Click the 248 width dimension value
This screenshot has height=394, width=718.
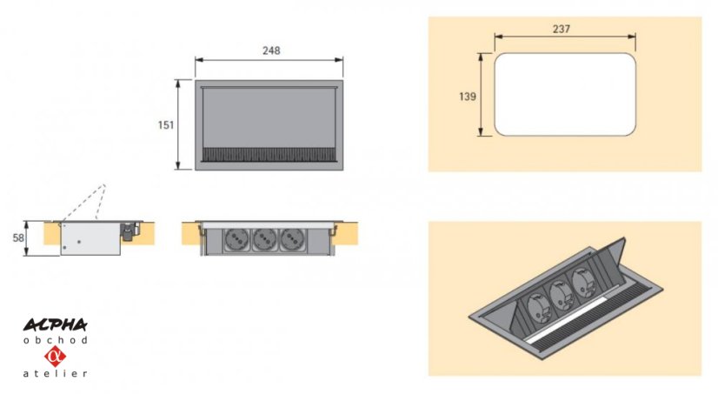[x=271, y=50]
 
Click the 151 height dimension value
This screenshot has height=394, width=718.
[x=166, y=124]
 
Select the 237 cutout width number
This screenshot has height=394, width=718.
[x=562, y=29]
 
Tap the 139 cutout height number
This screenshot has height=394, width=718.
[x=468, y=97]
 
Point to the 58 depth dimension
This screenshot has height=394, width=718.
[x=18, y=237]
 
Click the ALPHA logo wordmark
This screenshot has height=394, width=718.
[x=56, y=324]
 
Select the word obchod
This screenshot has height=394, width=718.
[x=56, y=340]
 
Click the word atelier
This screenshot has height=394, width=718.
[x=56, y=373]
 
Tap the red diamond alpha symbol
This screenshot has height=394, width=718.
[x=56, y=357]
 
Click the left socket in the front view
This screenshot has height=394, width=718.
[x=236, y=239]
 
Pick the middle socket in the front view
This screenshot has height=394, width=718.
[x=264, y=239]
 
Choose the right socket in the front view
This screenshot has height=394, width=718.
[x=293, y=239]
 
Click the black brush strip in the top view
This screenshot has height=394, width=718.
[x=269, y=155]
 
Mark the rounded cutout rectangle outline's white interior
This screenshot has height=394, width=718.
[x=565, y=95]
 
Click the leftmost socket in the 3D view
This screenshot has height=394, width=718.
[x=535, y=306]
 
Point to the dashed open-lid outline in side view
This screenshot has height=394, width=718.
[x=83, y=202]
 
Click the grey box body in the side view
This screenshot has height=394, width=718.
[x=90, y=238]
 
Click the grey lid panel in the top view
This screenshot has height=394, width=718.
[x=269, y=117]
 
